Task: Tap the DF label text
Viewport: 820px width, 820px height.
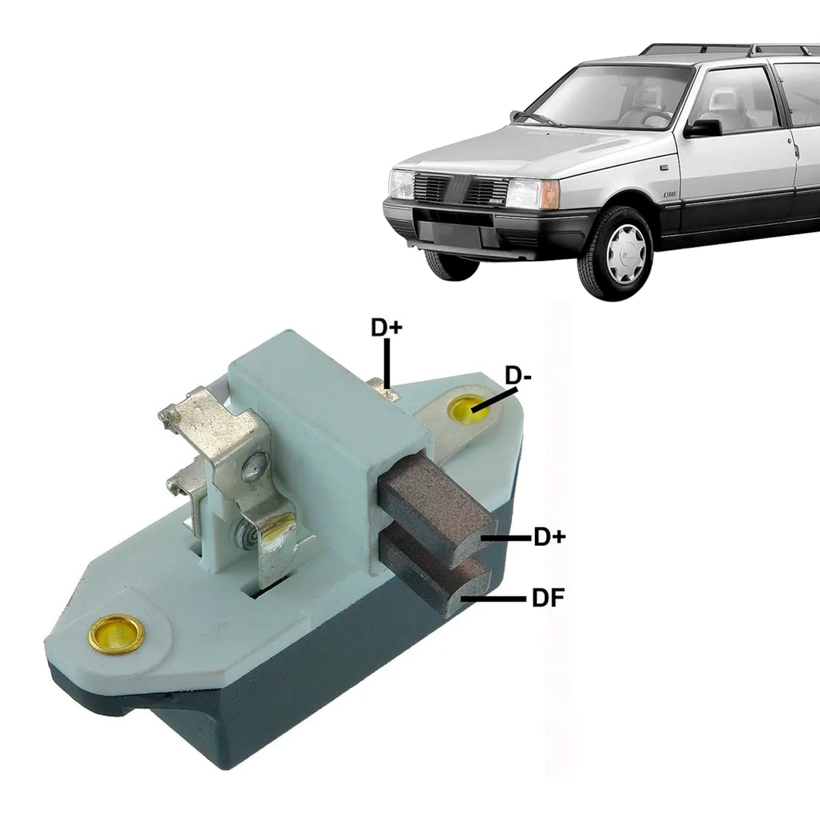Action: (547, 599)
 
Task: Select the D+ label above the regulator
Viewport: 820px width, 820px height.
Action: (387, 327)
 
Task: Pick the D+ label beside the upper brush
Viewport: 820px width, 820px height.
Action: (550, 538)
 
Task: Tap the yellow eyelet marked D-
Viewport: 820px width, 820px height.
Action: (465, 411)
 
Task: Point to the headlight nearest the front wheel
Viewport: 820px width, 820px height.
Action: (525, 193)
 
